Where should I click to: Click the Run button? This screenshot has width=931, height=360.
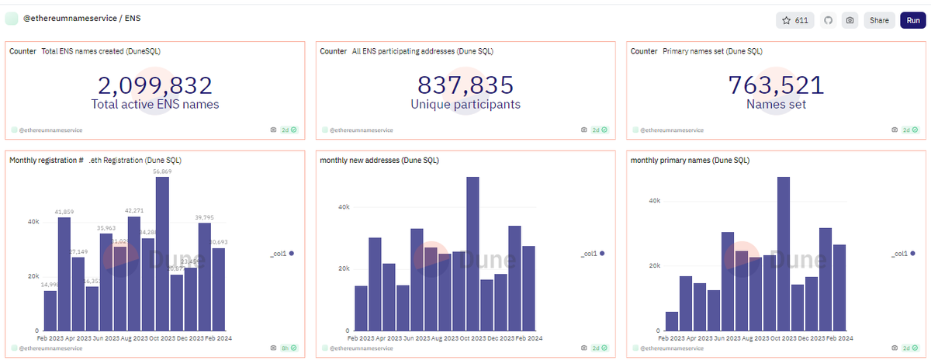point(911,20)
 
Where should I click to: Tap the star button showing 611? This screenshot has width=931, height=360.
point(795,20)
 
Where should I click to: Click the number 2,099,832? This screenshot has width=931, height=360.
point(155,85)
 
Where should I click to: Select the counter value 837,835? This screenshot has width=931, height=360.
point(465,85)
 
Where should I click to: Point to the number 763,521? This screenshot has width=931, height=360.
point(776,85)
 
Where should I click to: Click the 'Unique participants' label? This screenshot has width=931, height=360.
point(465,104)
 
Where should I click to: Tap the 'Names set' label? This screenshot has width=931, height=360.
point(776,104)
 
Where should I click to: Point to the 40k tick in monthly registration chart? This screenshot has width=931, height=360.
point(33,222)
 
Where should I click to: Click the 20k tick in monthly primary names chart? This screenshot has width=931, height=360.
point(655,265)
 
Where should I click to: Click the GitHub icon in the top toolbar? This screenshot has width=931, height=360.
point(828,20)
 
